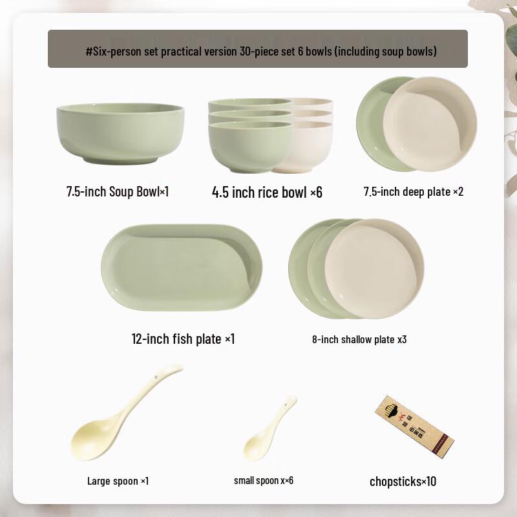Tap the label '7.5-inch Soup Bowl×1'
tap(118, 192)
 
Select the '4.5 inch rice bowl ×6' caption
tap(267, 192)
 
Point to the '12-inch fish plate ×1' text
tap(183, 339)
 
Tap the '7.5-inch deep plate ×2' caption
tap(414, 192)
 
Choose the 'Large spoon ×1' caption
tap(118, 481)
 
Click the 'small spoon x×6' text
tap(264, 481)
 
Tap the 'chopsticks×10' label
tap(404, 481)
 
